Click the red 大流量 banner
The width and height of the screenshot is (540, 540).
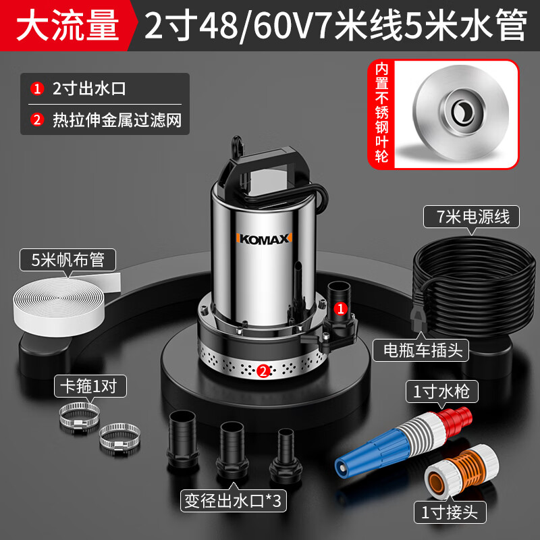tap(67, 26)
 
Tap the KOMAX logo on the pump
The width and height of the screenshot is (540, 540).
tap(264, 239)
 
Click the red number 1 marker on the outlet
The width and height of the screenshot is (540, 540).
tap(341, 308)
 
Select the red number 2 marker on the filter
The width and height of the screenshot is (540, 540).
tap(263, 371)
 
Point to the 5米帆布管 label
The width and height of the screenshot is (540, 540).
tap(67, 260)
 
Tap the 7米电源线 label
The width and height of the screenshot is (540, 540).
tap(471, 217)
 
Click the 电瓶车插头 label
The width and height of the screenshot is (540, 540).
tap(421, 350)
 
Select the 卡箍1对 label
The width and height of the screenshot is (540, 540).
tap(90, 386)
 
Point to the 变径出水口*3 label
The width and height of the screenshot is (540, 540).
tap(234, 500)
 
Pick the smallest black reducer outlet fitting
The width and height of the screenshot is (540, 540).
tap(286, 455)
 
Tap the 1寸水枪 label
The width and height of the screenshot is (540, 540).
tap(442, 391)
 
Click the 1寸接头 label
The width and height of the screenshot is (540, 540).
tap(450, 512)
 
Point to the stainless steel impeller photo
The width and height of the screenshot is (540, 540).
tap(456, 114)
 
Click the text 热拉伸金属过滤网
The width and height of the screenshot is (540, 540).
tap(117, 121)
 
